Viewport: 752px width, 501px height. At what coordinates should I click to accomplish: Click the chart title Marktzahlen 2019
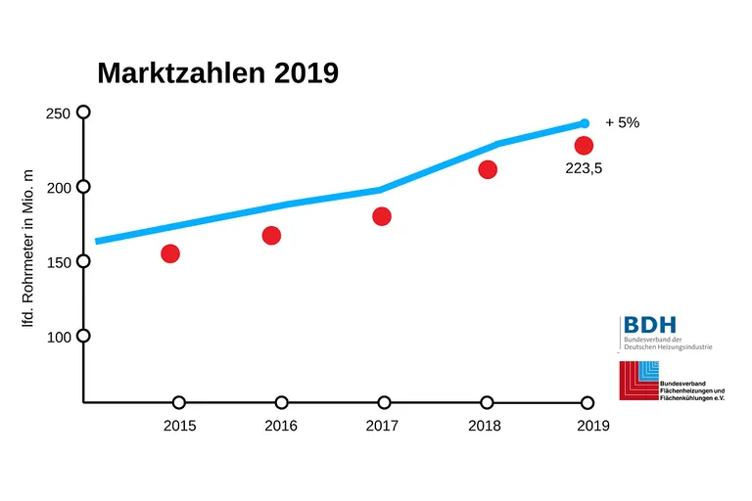[217, 73]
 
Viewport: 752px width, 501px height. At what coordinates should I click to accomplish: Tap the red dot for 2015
[170, 253]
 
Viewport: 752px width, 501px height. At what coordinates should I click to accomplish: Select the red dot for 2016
[272, 235]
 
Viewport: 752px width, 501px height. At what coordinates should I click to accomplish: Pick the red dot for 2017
[382, 216]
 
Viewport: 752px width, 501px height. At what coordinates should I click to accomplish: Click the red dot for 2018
[488, 169]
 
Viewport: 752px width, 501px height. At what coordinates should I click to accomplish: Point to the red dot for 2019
[585, 145]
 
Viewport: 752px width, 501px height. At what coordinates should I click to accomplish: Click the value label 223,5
[584, 168]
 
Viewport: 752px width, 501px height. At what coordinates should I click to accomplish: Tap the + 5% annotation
[622, 123]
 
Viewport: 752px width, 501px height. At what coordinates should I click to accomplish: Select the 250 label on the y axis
[58, 114]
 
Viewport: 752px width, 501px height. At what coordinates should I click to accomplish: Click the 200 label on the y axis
[58, 188]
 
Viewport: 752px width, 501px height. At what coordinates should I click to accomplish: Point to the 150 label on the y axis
[58, 262]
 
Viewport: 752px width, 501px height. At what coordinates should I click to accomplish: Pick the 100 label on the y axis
[58, 337]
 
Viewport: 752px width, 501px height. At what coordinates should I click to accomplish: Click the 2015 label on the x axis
[179, 426]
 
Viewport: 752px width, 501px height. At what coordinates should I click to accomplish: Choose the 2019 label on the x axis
[592, 426]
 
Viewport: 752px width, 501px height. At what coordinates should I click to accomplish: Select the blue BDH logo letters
[649, 325]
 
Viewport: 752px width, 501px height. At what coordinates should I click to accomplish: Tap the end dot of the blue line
[585, 123]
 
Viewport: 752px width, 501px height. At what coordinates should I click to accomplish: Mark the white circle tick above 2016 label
[282, 402]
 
